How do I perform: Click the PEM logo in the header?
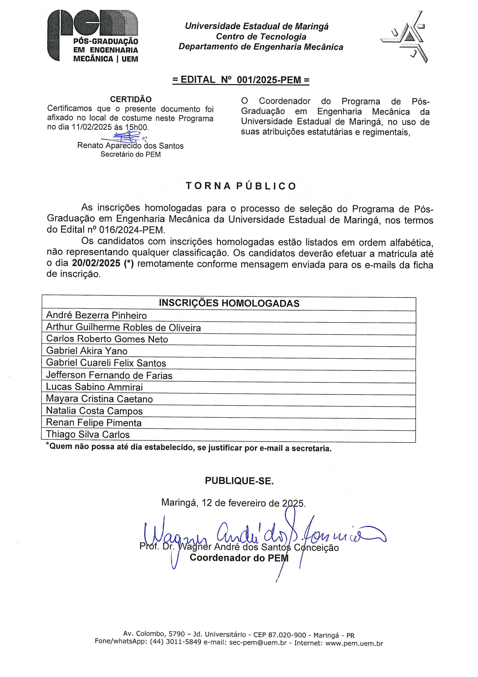click(x=93, y=36)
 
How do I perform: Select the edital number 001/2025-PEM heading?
click(x=241, y=80)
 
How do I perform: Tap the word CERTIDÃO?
click(x=131, y=99)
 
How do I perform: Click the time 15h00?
click(x=136, y=127)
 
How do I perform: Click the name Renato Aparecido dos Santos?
click(x=130, y=146)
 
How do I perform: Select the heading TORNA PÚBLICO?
click(x=241, y=186)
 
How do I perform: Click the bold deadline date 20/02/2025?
click(x=96, y=264)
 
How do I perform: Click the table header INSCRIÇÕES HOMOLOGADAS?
click(x=229, y=303)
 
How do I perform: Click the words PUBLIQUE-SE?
click(x=239, y=481)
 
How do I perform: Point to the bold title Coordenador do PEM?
click(x=239, y=558)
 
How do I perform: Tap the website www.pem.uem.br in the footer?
click(x=354, y=643)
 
